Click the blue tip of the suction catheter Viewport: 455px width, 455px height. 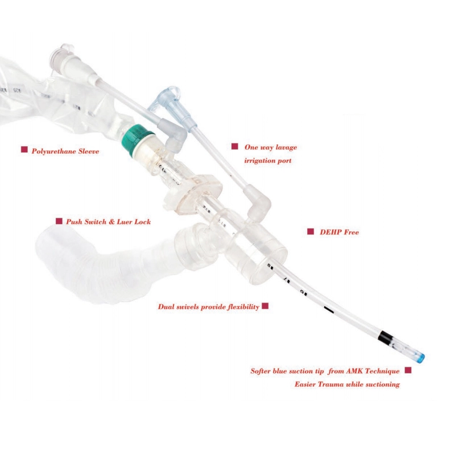[420, 357]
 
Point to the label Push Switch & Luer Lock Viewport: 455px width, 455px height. [108, 222]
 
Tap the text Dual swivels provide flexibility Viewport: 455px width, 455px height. [208, 307]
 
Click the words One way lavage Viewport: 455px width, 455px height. [271, 147]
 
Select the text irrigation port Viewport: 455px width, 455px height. [268, 161]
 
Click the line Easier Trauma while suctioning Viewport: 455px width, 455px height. [347, 384]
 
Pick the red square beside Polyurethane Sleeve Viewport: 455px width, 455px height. [24, 150]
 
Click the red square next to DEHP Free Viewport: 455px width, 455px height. [311, 231]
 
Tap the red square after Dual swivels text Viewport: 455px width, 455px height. [265, 307]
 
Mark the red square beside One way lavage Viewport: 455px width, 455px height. [234, 147]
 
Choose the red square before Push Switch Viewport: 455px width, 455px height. [59, 221]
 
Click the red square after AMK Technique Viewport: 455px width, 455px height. [408, 370]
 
